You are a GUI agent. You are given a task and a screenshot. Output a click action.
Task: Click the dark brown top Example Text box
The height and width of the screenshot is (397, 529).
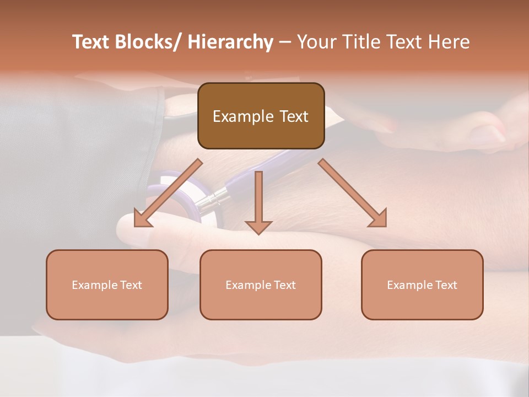coord(261,116)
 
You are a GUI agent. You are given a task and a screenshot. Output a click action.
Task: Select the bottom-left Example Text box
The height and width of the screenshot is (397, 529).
coord(107,285)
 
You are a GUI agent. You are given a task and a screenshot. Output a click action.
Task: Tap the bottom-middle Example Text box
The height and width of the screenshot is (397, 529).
coord(261,285)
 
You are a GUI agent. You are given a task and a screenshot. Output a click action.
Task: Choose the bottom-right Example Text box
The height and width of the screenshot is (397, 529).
coord(422,285)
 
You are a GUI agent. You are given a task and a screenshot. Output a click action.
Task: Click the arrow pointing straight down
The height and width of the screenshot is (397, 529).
coord(258,202)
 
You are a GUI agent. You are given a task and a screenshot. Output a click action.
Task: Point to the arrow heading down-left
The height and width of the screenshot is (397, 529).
coord(168,193)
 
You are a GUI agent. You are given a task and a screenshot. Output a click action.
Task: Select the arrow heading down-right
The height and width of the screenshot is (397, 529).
coord(353,193)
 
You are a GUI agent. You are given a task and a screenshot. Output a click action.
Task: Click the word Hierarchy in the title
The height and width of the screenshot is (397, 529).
coord(230,42)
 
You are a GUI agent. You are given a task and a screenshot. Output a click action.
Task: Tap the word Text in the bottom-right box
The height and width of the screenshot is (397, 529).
coord(445,285)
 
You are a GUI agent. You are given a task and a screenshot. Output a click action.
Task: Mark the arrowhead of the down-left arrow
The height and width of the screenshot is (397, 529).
coord(140,219)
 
